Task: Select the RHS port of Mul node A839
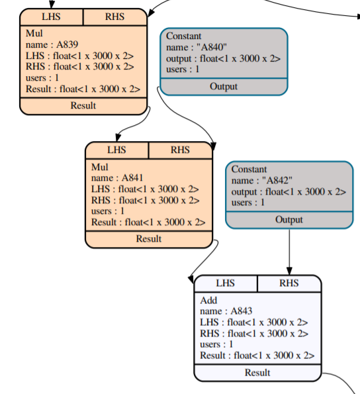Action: pos(114,17)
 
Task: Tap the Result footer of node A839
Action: pos(83,105)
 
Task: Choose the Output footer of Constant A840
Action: pos(223,87)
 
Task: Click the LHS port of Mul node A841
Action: pos(116,150)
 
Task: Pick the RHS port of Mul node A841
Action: pos(180,150)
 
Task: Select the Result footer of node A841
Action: pos(148,238)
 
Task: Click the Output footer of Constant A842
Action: pos(289,220)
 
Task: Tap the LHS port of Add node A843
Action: pos(225,283)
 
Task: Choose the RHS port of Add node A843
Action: pos(289,283)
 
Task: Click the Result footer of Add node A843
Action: pos(257,372)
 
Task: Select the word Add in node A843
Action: pos(208,300)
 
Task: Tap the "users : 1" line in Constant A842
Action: pos(248,202)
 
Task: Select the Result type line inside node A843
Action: pos(257,356)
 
